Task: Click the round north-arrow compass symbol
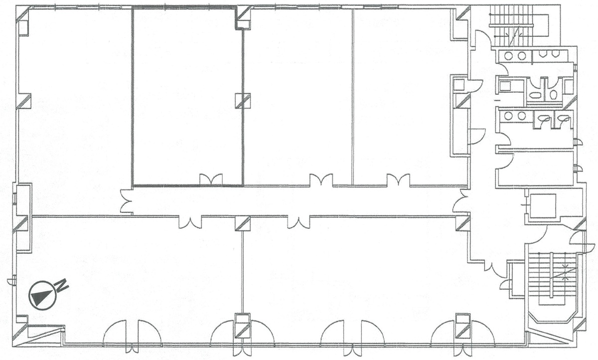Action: (x=42, y=295)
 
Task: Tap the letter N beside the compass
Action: (x=62, y=285)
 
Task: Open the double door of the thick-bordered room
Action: (x=211, y=179)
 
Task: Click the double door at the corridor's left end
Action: (x=126, y=201)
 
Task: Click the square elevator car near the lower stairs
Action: (x=543, y=205)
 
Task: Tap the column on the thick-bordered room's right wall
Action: (x=243, y=101)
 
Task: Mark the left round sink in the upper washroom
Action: (x=509, y=56)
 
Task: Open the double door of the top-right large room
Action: (x=398, y=179)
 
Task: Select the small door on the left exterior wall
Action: (x=11, y=280)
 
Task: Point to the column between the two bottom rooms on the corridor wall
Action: (x=243, y=223)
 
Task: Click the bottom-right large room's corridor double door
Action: (x=299, y=223)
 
